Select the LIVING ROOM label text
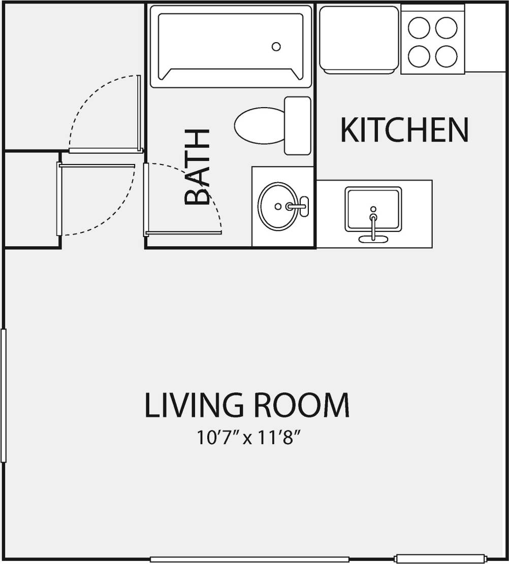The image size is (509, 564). tap(247, 405)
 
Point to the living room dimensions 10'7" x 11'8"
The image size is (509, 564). tap(247, 438)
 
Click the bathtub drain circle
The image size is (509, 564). tap(276, 47)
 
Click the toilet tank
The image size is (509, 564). tap(297, 125)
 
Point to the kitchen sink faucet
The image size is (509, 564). tap(373, 223)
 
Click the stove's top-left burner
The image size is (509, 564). tap(420, 28)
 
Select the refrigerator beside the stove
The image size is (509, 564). tap(359, 39)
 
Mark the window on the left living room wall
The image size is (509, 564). tap(4, 396)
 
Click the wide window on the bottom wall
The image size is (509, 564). tap(249, 559)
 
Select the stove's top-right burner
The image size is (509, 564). tap(446, 28)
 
